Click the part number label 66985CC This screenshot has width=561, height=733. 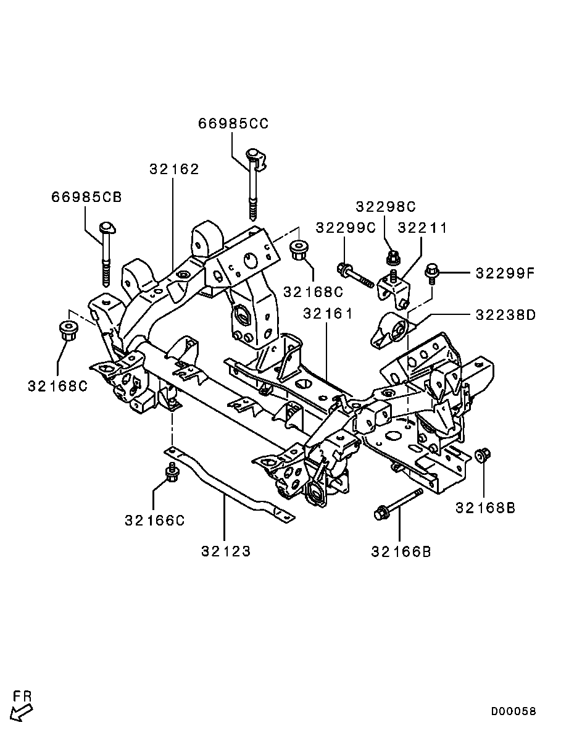tap(233, 124)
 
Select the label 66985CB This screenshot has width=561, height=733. tap(86, 197)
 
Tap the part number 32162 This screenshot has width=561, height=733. tap(174, 169)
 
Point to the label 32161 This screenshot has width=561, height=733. tap(328, 312)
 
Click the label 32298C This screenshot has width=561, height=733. tap(385, 207)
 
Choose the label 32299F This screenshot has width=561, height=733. tap(505, 272)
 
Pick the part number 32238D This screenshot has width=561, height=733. tap(505, 314)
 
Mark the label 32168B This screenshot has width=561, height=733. tap(485, 507)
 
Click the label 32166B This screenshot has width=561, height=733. tap(401, 551)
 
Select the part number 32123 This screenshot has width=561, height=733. tap(226, 551)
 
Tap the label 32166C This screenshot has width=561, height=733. tap(155, 520)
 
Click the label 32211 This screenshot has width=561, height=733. tap(422, 228)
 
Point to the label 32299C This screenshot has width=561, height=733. tap(346, 228)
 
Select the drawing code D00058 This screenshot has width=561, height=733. tap(514, 711)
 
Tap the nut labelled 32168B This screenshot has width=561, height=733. tap(481, 455)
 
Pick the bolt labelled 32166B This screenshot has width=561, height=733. tap(398, 503)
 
